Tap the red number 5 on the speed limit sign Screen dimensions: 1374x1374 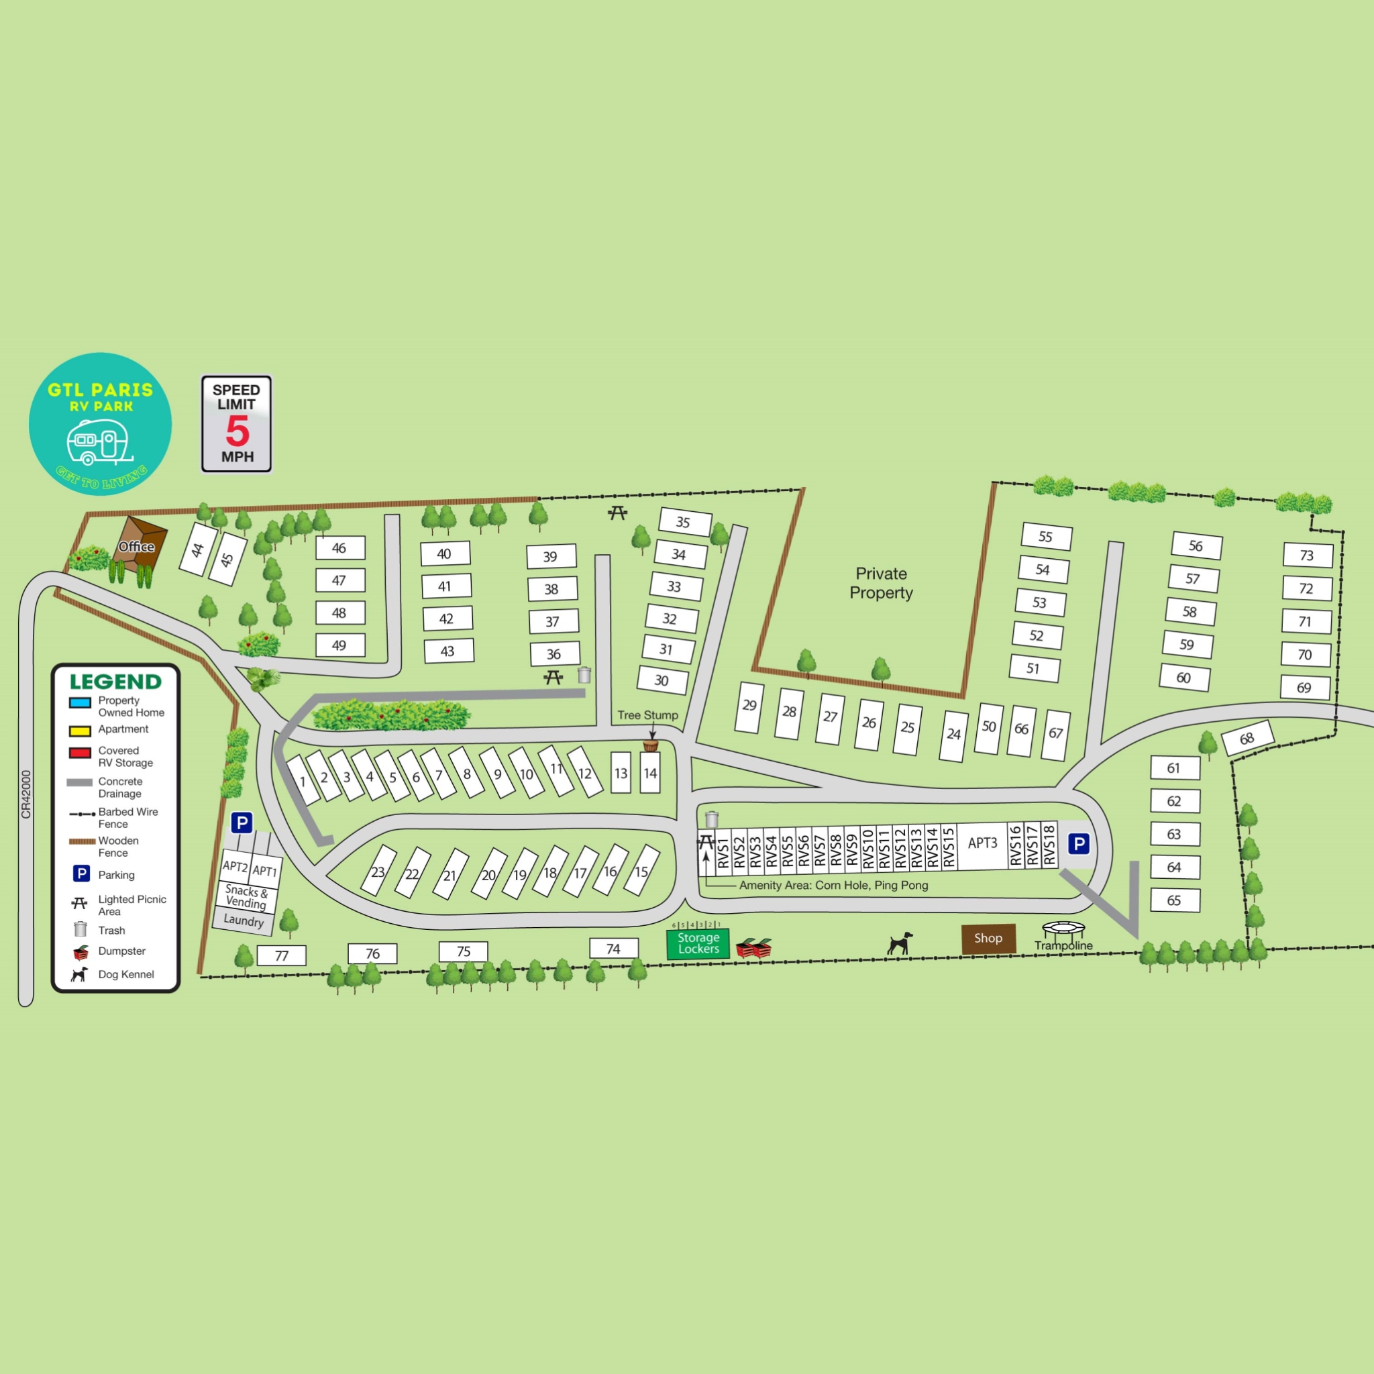237,430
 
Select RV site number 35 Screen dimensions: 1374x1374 684,522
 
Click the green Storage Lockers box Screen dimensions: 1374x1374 698,943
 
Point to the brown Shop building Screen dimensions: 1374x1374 988,938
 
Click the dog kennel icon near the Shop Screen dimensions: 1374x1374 900,943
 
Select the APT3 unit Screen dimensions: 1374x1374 982,843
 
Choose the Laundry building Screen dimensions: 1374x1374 244,920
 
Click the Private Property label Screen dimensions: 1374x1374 881,583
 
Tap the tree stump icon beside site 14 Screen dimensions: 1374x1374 650,745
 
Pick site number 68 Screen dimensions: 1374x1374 1247,739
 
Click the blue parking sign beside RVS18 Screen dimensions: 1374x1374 1078,844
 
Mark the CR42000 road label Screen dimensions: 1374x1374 26,794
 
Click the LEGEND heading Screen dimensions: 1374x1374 115,682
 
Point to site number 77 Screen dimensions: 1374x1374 282,955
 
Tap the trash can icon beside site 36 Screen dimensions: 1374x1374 584,674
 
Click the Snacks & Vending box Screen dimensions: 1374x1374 246,897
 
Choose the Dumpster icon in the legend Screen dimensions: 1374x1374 81,951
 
